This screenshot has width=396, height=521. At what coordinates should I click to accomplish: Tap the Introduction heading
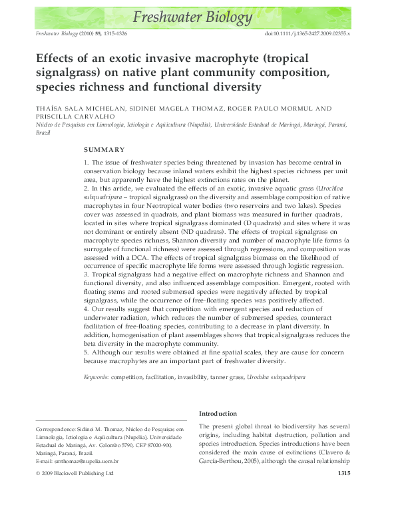(x=218, y=413)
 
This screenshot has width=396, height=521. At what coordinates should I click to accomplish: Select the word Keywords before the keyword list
(x=96, y=377)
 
